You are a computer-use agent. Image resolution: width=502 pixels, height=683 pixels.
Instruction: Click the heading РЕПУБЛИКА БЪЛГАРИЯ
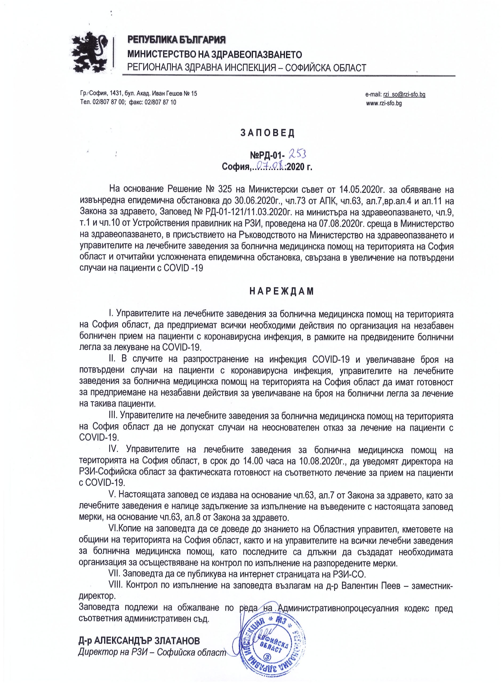176,39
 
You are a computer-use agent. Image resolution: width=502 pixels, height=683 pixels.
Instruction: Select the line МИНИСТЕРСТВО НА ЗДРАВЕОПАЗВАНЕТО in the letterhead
215,54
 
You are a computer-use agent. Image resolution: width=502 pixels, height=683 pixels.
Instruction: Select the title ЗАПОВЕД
267,133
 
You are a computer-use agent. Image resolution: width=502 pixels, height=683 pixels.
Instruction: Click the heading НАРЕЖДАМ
281,291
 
